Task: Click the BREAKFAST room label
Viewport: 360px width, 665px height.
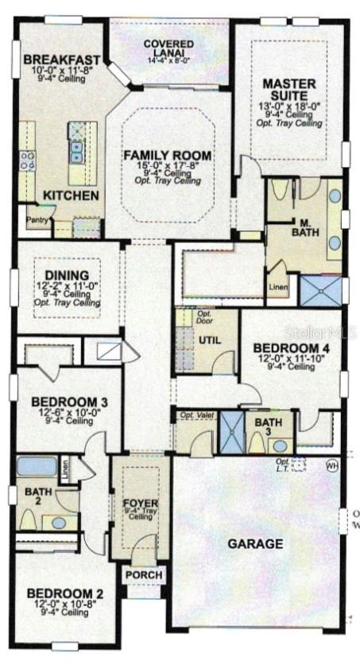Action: click(62, 60)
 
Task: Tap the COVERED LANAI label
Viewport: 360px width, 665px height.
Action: click(165, 48)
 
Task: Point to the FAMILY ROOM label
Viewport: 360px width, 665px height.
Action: click(167, 156)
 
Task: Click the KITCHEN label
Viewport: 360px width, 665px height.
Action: click(71, 195)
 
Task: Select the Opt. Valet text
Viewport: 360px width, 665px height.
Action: click(195, 416)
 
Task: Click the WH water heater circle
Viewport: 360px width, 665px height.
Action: click(331, 466)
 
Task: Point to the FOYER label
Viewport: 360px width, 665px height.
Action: click(141, 504)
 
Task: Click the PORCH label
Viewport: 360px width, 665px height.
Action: click(144, 574)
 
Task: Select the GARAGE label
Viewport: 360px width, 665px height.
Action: click(255, 544)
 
